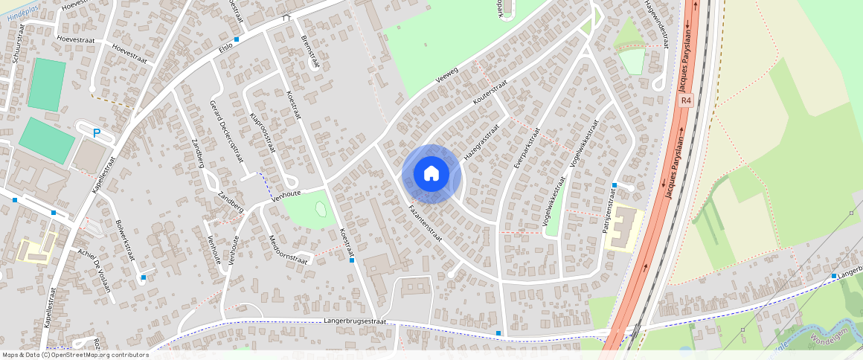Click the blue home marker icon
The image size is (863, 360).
click(x=431, y=174)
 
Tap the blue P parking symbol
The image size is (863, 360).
click(x=96, y=133)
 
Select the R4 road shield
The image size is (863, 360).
click(x=686, y=100)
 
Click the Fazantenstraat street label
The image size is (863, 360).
click(x=426, y=223)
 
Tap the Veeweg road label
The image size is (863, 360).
click(x=447, y=78)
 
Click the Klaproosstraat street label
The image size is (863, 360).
click(x=263, y=132)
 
